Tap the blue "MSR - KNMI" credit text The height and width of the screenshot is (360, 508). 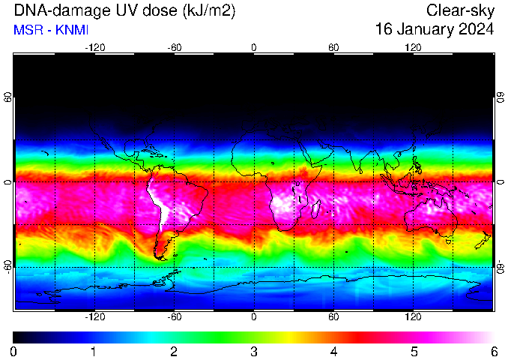[x=51, y=30]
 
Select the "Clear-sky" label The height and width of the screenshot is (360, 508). [x=460, y=10]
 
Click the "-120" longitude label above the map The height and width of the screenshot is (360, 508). [x=95, y=48]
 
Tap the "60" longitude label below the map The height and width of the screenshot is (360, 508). [x=333, y=316]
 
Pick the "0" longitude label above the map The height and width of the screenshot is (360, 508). [x=254, y=48]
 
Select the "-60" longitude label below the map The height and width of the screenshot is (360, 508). [x=175, y=316]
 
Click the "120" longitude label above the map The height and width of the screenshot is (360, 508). [x=413, y=48]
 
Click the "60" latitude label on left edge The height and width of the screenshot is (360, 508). [x=7, y=97]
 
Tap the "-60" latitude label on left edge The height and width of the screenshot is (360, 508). [x=7, y=266]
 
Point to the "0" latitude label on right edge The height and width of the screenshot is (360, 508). [x=501, y=182]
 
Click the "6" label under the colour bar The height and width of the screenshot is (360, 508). [x=494, y=352]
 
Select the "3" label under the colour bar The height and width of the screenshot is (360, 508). [x=254, y=352]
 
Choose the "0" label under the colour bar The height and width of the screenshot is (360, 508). [x=13, y=352]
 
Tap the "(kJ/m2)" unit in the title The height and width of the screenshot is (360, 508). [x=209, y=11]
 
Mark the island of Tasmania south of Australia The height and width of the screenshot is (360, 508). [x=448, y=241]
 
